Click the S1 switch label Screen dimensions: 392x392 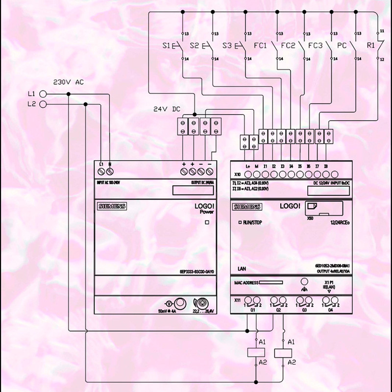click(166, 46)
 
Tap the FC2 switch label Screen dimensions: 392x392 click(288, 46)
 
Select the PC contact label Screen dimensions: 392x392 click(342, 46)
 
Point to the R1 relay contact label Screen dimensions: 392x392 click(371, 46)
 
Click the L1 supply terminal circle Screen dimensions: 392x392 click(43, 94)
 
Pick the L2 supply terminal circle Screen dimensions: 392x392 click(43, 104)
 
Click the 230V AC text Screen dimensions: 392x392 click(68, 82)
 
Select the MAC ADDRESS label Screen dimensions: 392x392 click(246, 283)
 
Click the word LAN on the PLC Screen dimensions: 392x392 click(242, 269)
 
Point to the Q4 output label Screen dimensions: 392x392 click(330, 310)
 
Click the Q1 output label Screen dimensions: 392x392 click(253, 310)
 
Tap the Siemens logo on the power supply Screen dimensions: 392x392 click(112, 207)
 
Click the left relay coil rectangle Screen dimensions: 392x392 click(256, 351)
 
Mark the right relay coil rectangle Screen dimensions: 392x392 click(284, 351)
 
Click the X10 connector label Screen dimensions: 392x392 click(238, 174)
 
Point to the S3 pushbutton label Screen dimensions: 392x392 click(226, 46)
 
